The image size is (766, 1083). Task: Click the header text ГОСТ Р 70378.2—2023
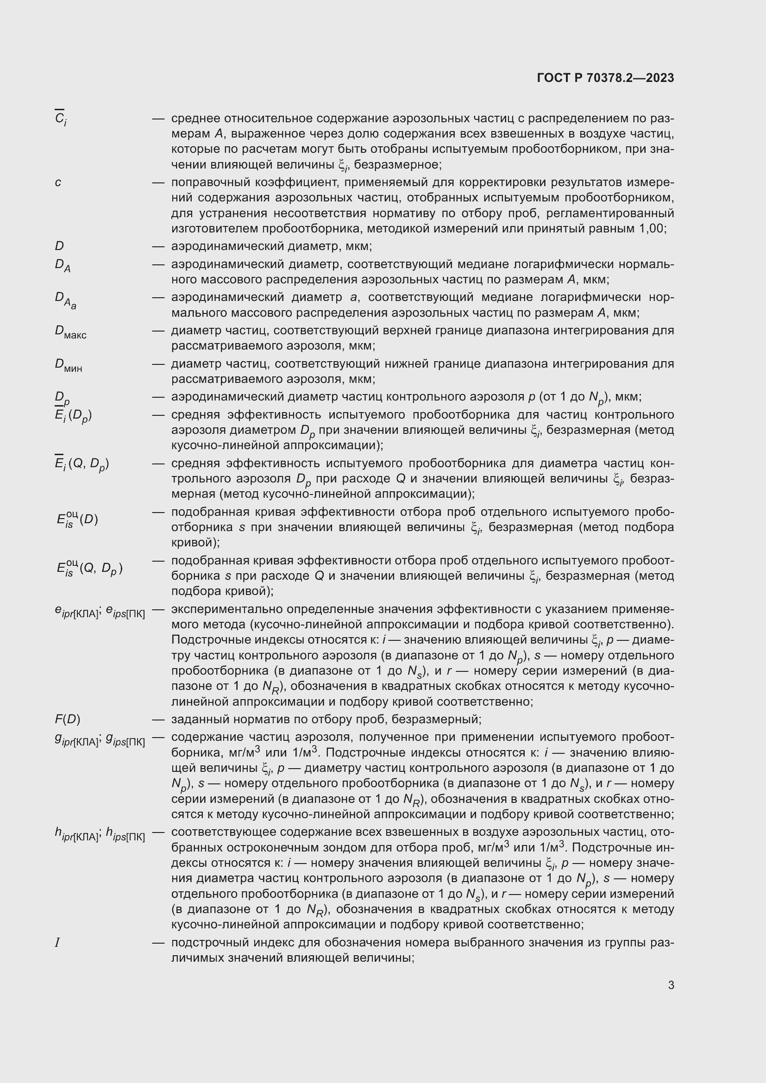[x=605, y=78]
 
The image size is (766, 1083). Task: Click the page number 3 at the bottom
[x=671, y=985]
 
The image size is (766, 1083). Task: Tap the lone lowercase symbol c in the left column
[x=57, y=182]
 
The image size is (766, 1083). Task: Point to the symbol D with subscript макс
[x=70, y=332]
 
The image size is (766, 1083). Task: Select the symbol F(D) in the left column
[x=68, y=720]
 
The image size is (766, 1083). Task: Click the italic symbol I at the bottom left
[x=57, y=943]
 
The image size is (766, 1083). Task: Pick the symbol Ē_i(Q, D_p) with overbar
[x=82, y=464]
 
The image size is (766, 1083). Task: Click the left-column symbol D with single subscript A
[x=62, y=266]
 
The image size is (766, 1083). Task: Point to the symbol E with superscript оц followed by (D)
[x=77, y=519]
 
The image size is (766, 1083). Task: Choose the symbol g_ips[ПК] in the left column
[x=125, y=740]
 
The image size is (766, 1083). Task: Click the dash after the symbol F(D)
[x=158, y=720]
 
